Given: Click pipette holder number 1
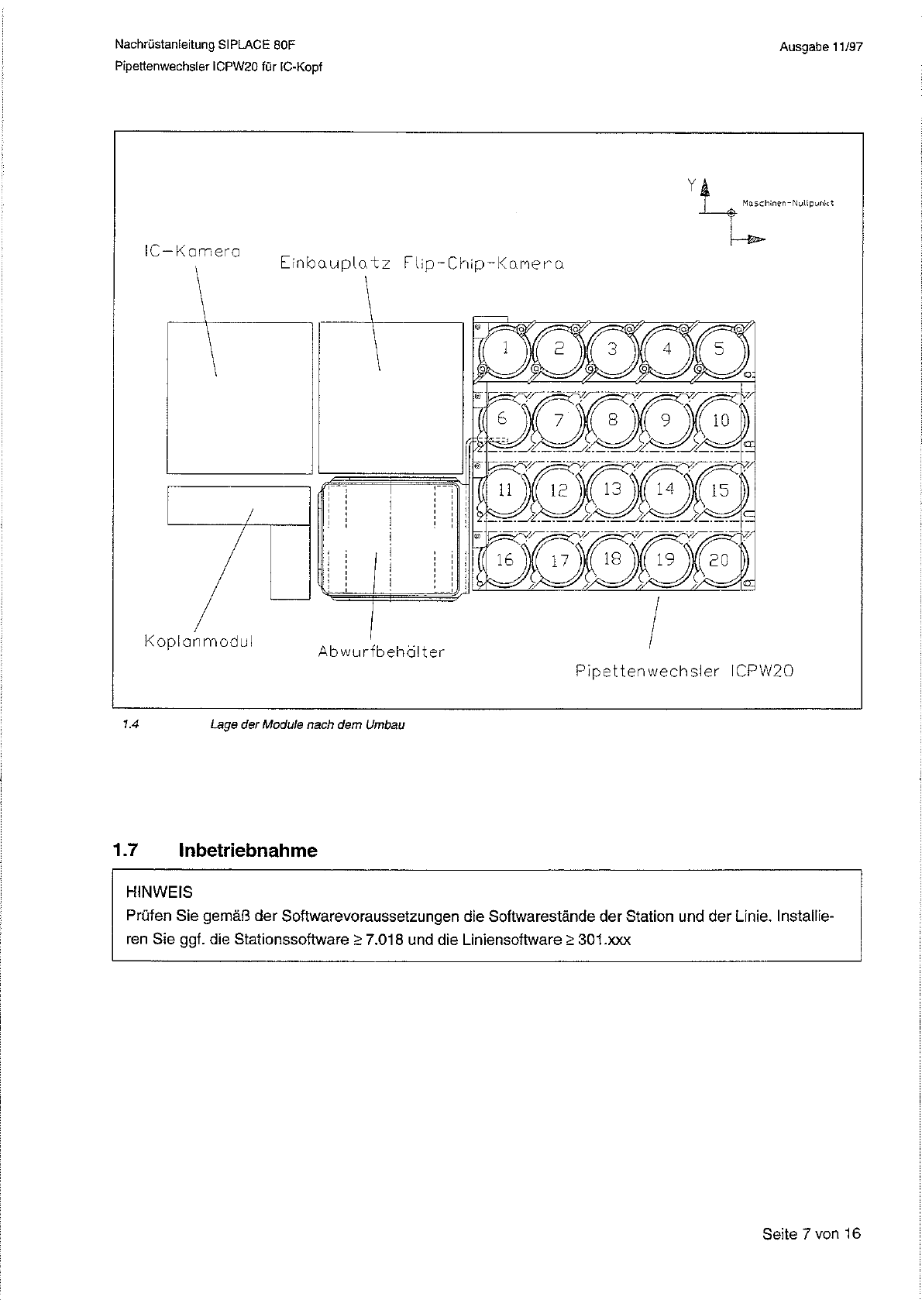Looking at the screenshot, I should tap(504, 349).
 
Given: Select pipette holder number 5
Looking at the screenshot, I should tap(720, 349).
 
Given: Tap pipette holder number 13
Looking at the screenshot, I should tap(612, 490).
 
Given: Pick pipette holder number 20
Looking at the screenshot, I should tap(720, 560).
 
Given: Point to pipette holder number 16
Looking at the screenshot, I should tap(504, 560).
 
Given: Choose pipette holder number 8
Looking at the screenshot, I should tap(612, 420).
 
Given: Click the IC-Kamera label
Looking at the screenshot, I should tap(192, 252).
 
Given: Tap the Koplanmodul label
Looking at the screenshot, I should tap(198, 642).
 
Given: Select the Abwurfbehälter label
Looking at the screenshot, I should tap(381, 652).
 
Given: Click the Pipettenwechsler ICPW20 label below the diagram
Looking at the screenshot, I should tap(684, 672).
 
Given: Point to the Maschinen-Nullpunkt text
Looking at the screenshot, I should tap(787, 204).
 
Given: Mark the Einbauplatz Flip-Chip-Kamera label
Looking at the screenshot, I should tap(421, 263).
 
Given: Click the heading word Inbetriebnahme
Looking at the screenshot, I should tap(248, 851).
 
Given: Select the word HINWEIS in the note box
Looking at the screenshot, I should tap(159, 892).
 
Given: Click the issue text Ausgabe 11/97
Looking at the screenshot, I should tap(821, 47).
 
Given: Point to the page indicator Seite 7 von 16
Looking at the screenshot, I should tap(811, 1234).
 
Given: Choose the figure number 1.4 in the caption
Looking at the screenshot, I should tap(129, 725).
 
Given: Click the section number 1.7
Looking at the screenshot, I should tap(125, 851).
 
